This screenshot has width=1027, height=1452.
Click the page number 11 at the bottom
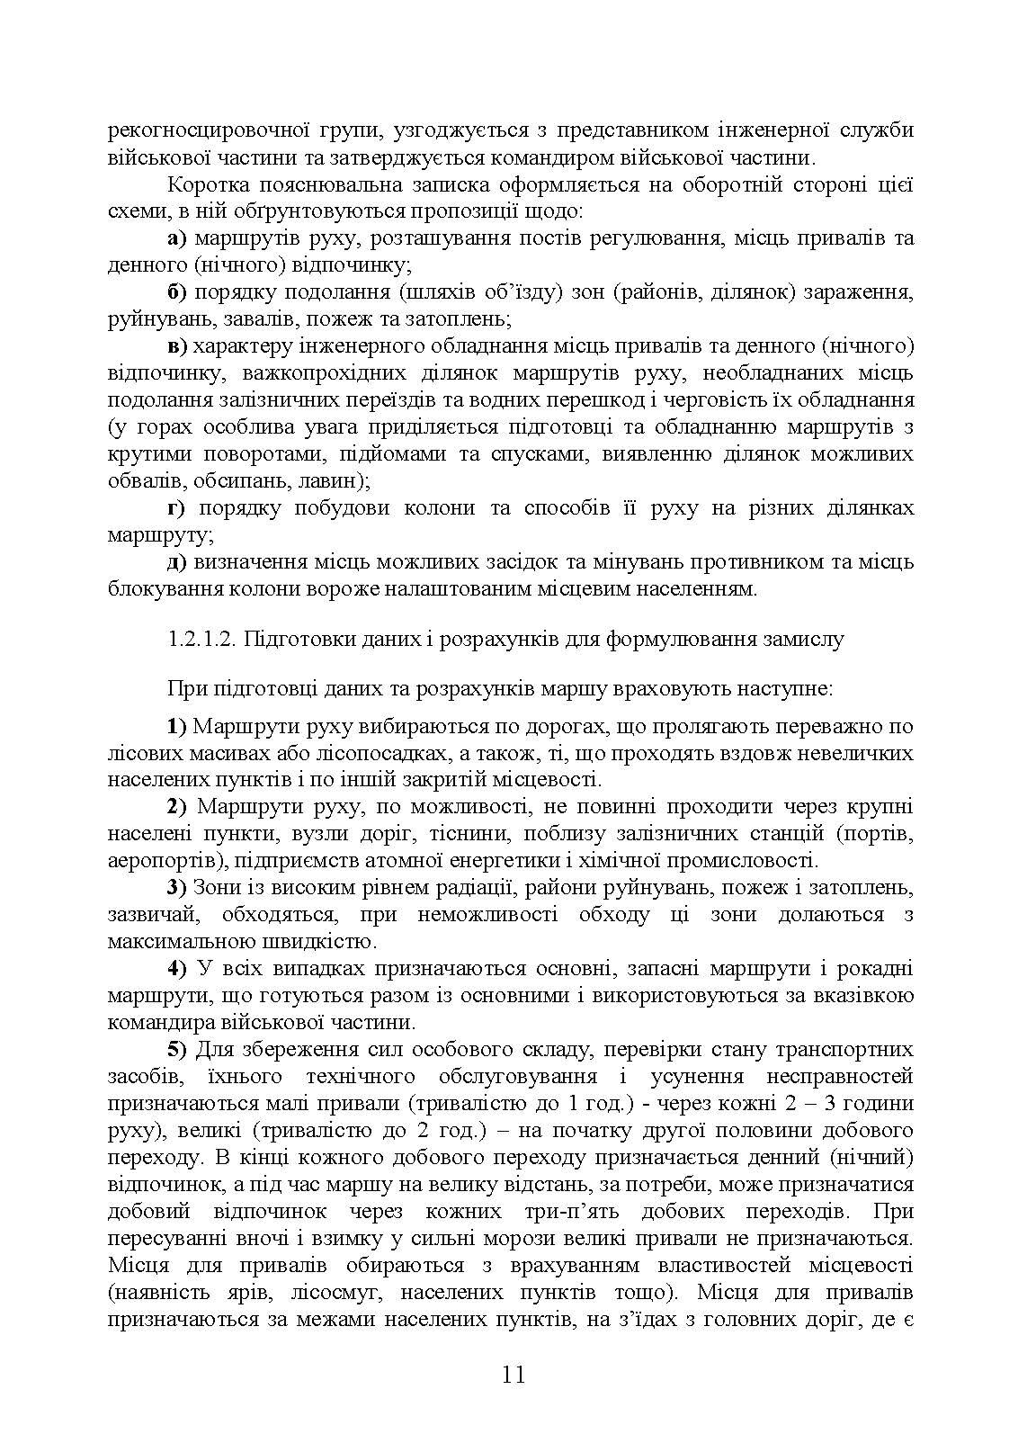point(513,1375)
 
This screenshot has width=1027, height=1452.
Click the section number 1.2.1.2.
point(201,640)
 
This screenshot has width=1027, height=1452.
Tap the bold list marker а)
point(177,238)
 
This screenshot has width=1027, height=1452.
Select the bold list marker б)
point(176,292)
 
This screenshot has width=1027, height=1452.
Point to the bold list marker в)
point(176,346)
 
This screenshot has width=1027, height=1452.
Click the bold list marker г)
point(176,508)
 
